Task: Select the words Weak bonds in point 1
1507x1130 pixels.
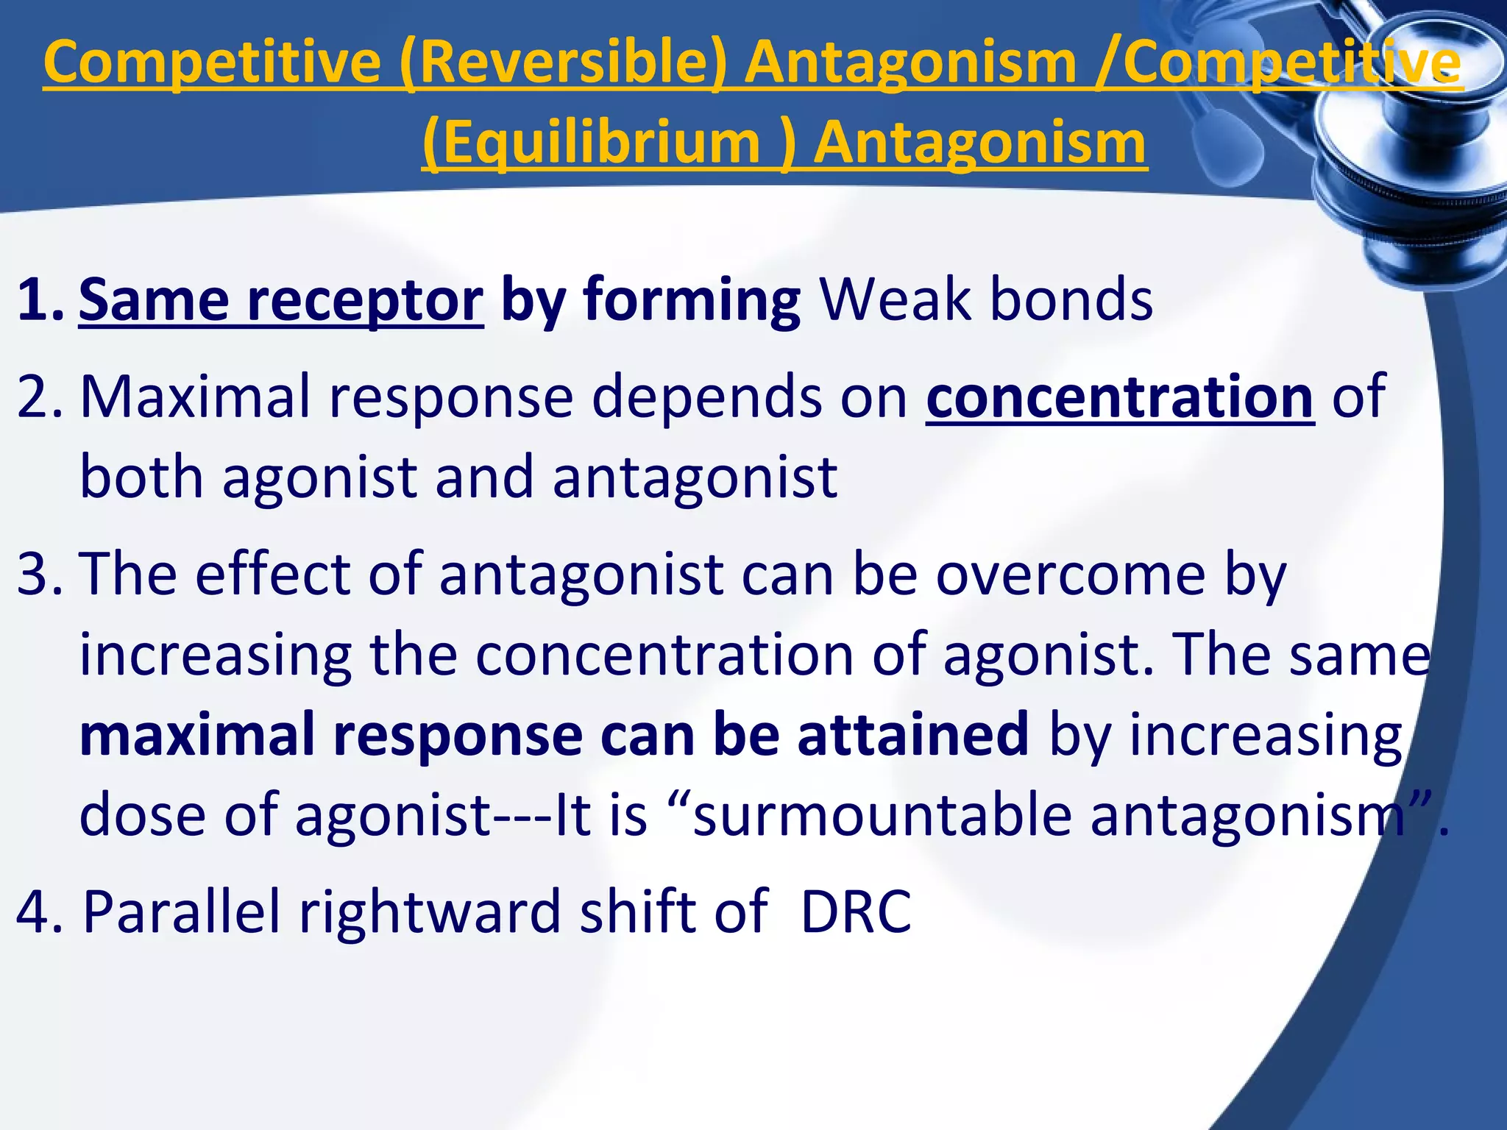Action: click(x=986, y=300)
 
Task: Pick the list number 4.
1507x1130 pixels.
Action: click(x=40, y=912)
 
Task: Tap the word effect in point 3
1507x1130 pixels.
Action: click(x=272, y=575)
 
